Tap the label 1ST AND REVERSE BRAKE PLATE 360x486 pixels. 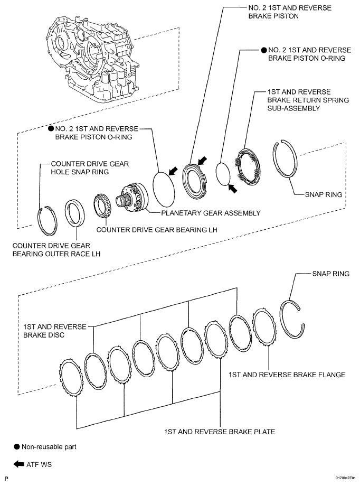(x=220, y=432)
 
